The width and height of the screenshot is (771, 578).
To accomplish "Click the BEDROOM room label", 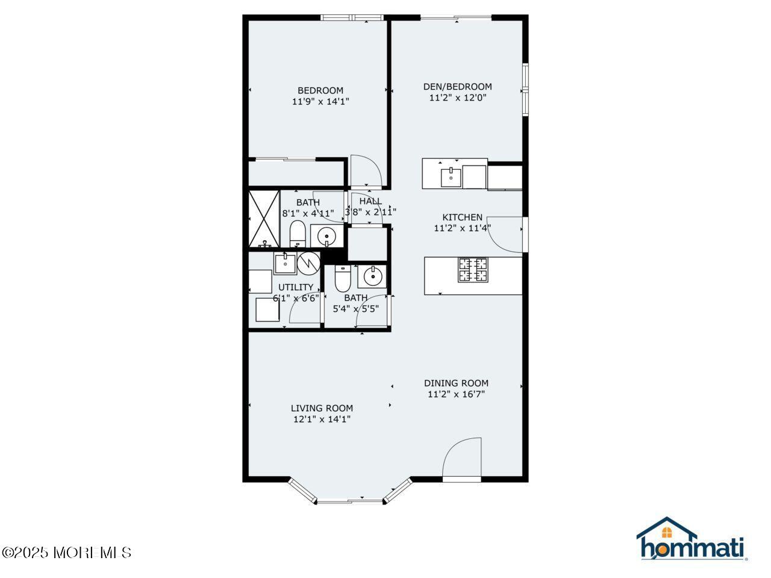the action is [320, 90].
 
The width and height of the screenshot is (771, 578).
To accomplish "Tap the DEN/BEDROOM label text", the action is [457, 87].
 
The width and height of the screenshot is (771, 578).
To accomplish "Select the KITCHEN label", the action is [462, 217].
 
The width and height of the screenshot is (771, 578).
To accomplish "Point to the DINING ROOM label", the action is [456, 384].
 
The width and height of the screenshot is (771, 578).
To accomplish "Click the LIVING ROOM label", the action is [322, 408].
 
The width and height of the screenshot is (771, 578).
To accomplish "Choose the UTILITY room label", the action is [295, 287].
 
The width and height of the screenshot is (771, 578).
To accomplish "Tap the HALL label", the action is [370, 201].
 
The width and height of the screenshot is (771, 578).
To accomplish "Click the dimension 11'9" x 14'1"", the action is [320, 102].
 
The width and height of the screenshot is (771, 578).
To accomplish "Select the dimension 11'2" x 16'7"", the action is [456, 394].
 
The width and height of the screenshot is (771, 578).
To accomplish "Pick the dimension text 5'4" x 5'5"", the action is [356, 309].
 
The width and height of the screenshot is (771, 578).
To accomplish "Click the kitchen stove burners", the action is [473, 270].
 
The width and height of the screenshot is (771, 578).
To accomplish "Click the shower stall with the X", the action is [264, 219].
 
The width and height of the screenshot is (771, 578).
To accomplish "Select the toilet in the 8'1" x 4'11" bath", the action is [298, 234].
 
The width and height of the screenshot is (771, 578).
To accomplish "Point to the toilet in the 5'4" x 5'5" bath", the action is [343, 278].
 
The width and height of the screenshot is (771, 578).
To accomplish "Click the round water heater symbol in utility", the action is [309, 264].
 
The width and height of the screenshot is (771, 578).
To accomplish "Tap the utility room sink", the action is [285, 263].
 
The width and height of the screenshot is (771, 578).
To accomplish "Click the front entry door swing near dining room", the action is [461, 457].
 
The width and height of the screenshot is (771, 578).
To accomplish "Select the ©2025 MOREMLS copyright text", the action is [66, 553].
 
